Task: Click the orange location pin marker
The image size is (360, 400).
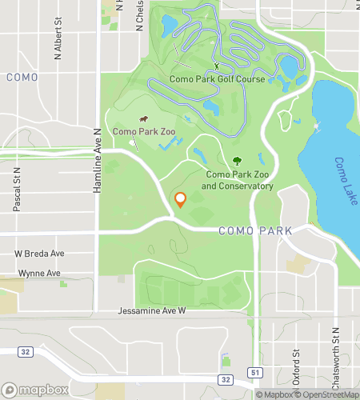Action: click(180, 199)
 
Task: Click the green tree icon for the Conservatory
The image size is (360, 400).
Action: click(238, 160)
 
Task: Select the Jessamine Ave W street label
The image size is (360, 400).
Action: click(152, 310)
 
